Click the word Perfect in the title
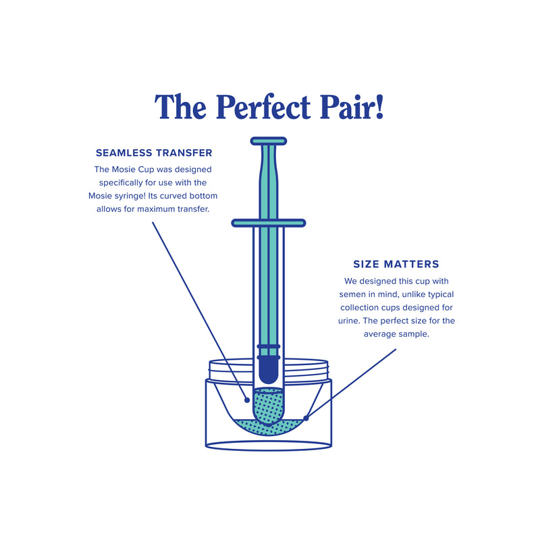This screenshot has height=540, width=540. click(x=263, y=107)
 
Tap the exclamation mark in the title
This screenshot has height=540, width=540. click(x=379, y=107)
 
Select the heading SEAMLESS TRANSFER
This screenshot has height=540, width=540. click(x=154, y=153)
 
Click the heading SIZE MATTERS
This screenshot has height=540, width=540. click(x=396, y=264)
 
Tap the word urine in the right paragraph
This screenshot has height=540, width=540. click(x=348, y=321)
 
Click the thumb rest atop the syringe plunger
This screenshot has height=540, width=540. click(x=269, y=141)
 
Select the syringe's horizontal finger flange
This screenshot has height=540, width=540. click(x=269, y=223)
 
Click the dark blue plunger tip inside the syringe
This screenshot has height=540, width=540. click(x=269, y=370)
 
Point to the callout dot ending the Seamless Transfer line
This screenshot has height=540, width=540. click(x=247, y=400)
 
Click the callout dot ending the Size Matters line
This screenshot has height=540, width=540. click(x=306, y=418)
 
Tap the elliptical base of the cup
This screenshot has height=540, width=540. click(x=269, y=446)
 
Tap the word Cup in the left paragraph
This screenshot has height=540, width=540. click(x=146, y=170)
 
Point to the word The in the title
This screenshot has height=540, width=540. click(x=181, y=107)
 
